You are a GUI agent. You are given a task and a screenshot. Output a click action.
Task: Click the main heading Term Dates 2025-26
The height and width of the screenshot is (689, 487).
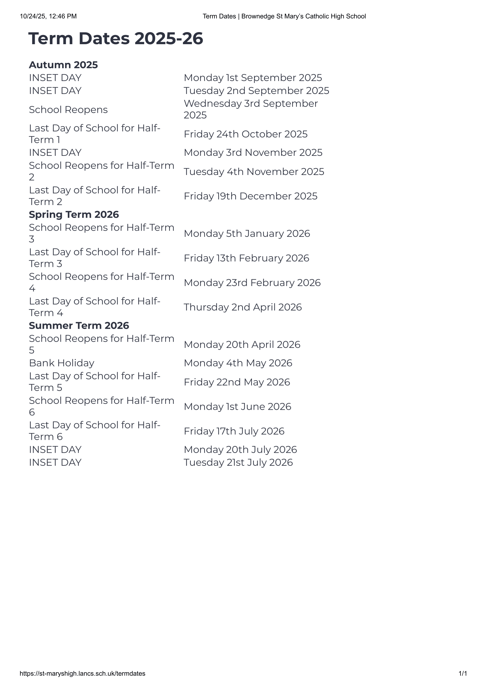point(115,39)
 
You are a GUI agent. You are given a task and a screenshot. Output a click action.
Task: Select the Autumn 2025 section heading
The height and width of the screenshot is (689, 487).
point(63,65)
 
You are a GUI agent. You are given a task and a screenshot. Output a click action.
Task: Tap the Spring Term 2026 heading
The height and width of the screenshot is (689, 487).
point(74,214)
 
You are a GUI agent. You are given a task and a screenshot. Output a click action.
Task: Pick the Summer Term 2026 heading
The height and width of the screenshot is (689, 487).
point(79,326)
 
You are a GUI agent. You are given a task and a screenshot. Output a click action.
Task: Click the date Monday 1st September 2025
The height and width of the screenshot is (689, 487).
point(253,78)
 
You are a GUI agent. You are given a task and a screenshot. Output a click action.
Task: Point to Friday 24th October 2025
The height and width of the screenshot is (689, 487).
point(245,134)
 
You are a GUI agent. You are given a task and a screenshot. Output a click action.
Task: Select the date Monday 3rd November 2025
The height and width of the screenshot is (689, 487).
point(253,153)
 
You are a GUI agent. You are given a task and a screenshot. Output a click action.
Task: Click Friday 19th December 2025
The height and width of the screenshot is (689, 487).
point(250,196)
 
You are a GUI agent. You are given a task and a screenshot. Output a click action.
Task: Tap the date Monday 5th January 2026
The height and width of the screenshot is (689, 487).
point(247,234)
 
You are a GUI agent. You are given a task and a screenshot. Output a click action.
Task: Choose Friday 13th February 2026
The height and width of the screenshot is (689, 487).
point(246,258)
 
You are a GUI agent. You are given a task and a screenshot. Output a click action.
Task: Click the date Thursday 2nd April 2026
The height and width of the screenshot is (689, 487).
point(242,307)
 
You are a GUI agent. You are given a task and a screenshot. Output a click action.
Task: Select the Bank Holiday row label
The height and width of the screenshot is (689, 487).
point(62,363)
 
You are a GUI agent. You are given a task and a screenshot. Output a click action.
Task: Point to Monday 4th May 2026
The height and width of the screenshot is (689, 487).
point(238,363)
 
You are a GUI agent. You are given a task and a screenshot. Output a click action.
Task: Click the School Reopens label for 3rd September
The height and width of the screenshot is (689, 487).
point(68,110)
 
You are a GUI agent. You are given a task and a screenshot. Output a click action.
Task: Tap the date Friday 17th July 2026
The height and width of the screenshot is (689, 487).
point(234,431)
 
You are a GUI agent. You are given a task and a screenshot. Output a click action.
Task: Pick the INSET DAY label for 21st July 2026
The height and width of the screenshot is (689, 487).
point(55,462)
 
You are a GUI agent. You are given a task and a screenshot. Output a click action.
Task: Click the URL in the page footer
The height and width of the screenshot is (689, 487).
point(82,674)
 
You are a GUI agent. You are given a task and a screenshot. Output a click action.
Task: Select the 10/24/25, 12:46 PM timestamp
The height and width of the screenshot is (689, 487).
point(48,16)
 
